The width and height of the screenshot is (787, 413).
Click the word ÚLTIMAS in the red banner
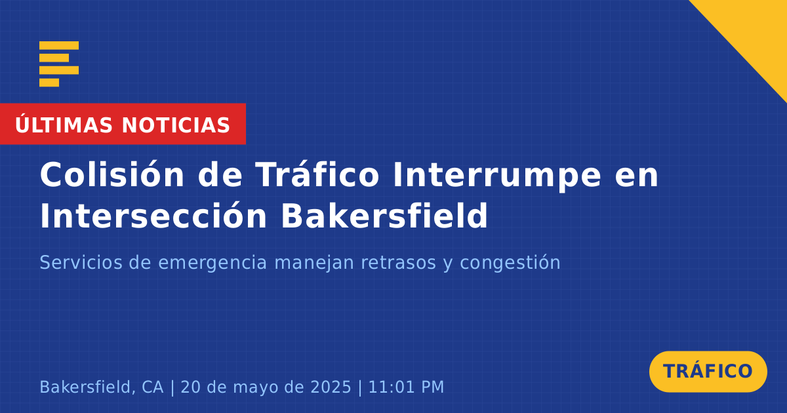click(64, 124)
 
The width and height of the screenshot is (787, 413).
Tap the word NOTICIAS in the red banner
click(176, 125)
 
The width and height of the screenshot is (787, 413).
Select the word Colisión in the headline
click(112, 174)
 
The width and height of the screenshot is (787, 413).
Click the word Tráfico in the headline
click(317, 174)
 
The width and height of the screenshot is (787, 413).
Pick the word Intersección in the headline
click(153, 215)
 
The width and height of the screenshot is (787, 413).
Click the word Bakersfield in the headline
click(384, 215)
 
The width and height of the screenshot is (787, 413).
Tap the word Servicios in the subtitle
click(81, 262)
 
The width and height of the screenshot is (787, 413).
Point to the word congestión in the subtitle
click(510, 264)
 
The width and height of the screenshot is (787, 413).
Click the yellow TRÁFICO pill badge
click(708, 371)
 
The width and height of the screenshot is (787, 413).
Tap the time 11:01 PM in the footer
click(406, 387)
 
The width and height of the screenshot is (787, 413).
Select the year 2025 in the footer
click(331, 387)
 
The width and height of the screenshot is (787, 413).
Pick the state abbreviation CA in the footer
click(152, 387)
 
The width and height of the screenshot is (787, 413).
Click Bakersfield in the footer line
click(85, 387)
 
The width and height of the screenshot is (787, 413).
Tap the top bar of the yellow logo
click(59, 45)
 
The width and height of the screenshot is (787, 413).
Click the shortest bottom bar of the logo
click(49, 83)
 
